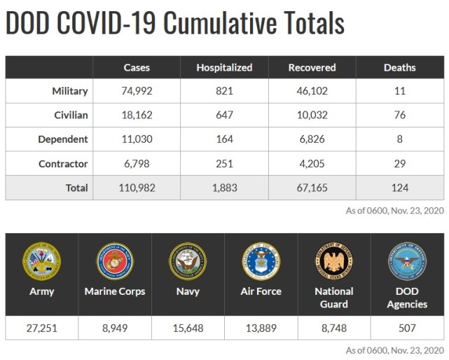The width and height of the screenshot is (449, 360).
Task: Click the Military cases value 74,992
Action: (x=136, y=91)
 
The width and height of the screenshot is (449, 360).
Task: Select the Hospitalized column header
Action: (x=223, y=68)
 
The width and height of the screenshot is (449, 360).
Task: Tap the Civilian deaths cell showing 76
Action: (x=399, y=116)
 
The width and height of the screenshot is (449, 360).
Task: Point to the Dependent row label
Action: (x=63, y=139)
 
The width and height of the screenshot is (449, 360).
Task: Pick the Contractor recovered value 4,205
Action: (x=312, y=164)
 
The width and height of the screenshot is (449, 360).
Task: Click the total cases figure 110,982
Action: (x=136, y=188)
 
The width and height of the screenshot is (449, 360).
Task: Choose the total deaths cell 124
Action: (x=399, y=188)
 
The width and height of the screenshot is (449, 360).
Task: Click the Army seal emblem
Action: (x=41, y=261)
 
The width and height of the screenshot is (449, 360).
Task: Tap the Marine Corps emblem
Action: (x=115, y=261)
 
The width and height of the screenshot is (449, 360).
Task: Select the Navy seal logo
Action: (x=188, y=261)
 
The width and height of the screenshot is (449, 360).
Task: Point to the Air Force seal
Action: (x=261, y=261)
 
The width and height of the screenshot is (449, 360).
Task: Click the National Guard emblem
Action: (x=333, y=261)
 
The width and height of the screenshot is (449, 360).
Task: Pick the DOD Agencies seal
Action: (x=406, y=261)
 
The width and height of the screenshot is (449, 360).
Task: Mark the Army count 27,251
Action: (x=41, y=328)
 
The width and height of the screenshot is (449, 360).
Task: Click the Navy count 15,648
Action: (x=188, y=328)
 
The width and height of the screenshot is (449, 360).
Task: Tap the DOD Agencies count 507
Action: (x=406, y=328)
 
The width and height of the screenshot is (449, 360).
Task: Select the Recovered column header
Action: (x=312, y=68)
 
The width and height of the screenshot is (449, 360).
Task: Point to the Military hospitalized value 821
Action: (x=223, y=91)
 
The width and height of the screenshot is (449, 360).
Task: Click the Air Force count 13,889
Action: (x=261, y=328)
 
